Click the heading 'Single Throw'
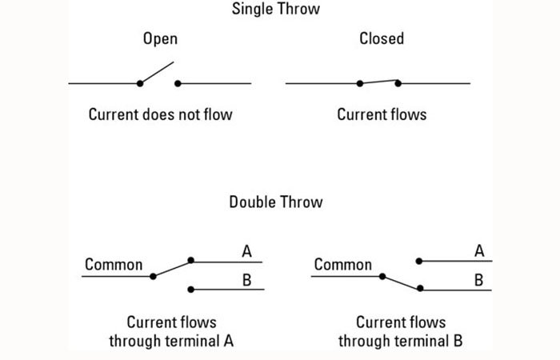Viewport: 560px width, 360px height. [276, 10]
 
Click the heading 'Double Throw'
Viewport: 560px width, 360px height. [276, 202]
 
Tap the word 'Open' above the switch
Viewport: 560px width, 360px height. [160, 39]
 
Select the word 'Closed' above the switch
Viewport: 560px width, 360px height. [382, 39]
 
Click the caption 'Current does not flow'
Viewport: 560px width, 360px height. [161, 114]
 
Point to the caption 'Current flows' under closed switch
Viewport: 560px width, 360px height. [382, 114]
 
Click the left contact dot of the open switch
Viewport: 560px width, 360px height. [140, 82]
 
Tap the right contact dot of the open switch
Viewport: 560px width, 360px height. [178, 82]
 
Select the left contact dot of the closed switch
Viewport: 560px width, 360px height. [360, 82]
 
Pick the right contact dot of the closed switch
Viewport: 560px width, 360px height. [398, 82]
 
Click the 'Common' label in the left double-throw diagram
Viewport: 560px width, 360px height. [114, 264]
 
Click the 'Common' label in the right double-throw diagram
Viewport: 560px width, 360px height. [343, 264]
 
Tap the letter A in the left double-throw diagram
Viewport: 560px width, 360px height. [247, 252]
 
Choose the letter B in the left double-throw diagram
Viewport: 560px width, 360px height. [247, 280]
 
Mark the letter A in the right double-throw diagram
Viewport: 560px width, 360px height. [479, 252]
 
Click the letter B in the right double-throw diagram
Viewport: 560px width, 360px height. [479, 280]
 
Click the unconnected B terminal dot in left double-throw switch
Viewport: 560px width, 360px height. [190, 289]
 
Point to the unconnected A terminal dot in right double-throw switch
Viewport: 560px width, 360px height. [420, 260]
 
